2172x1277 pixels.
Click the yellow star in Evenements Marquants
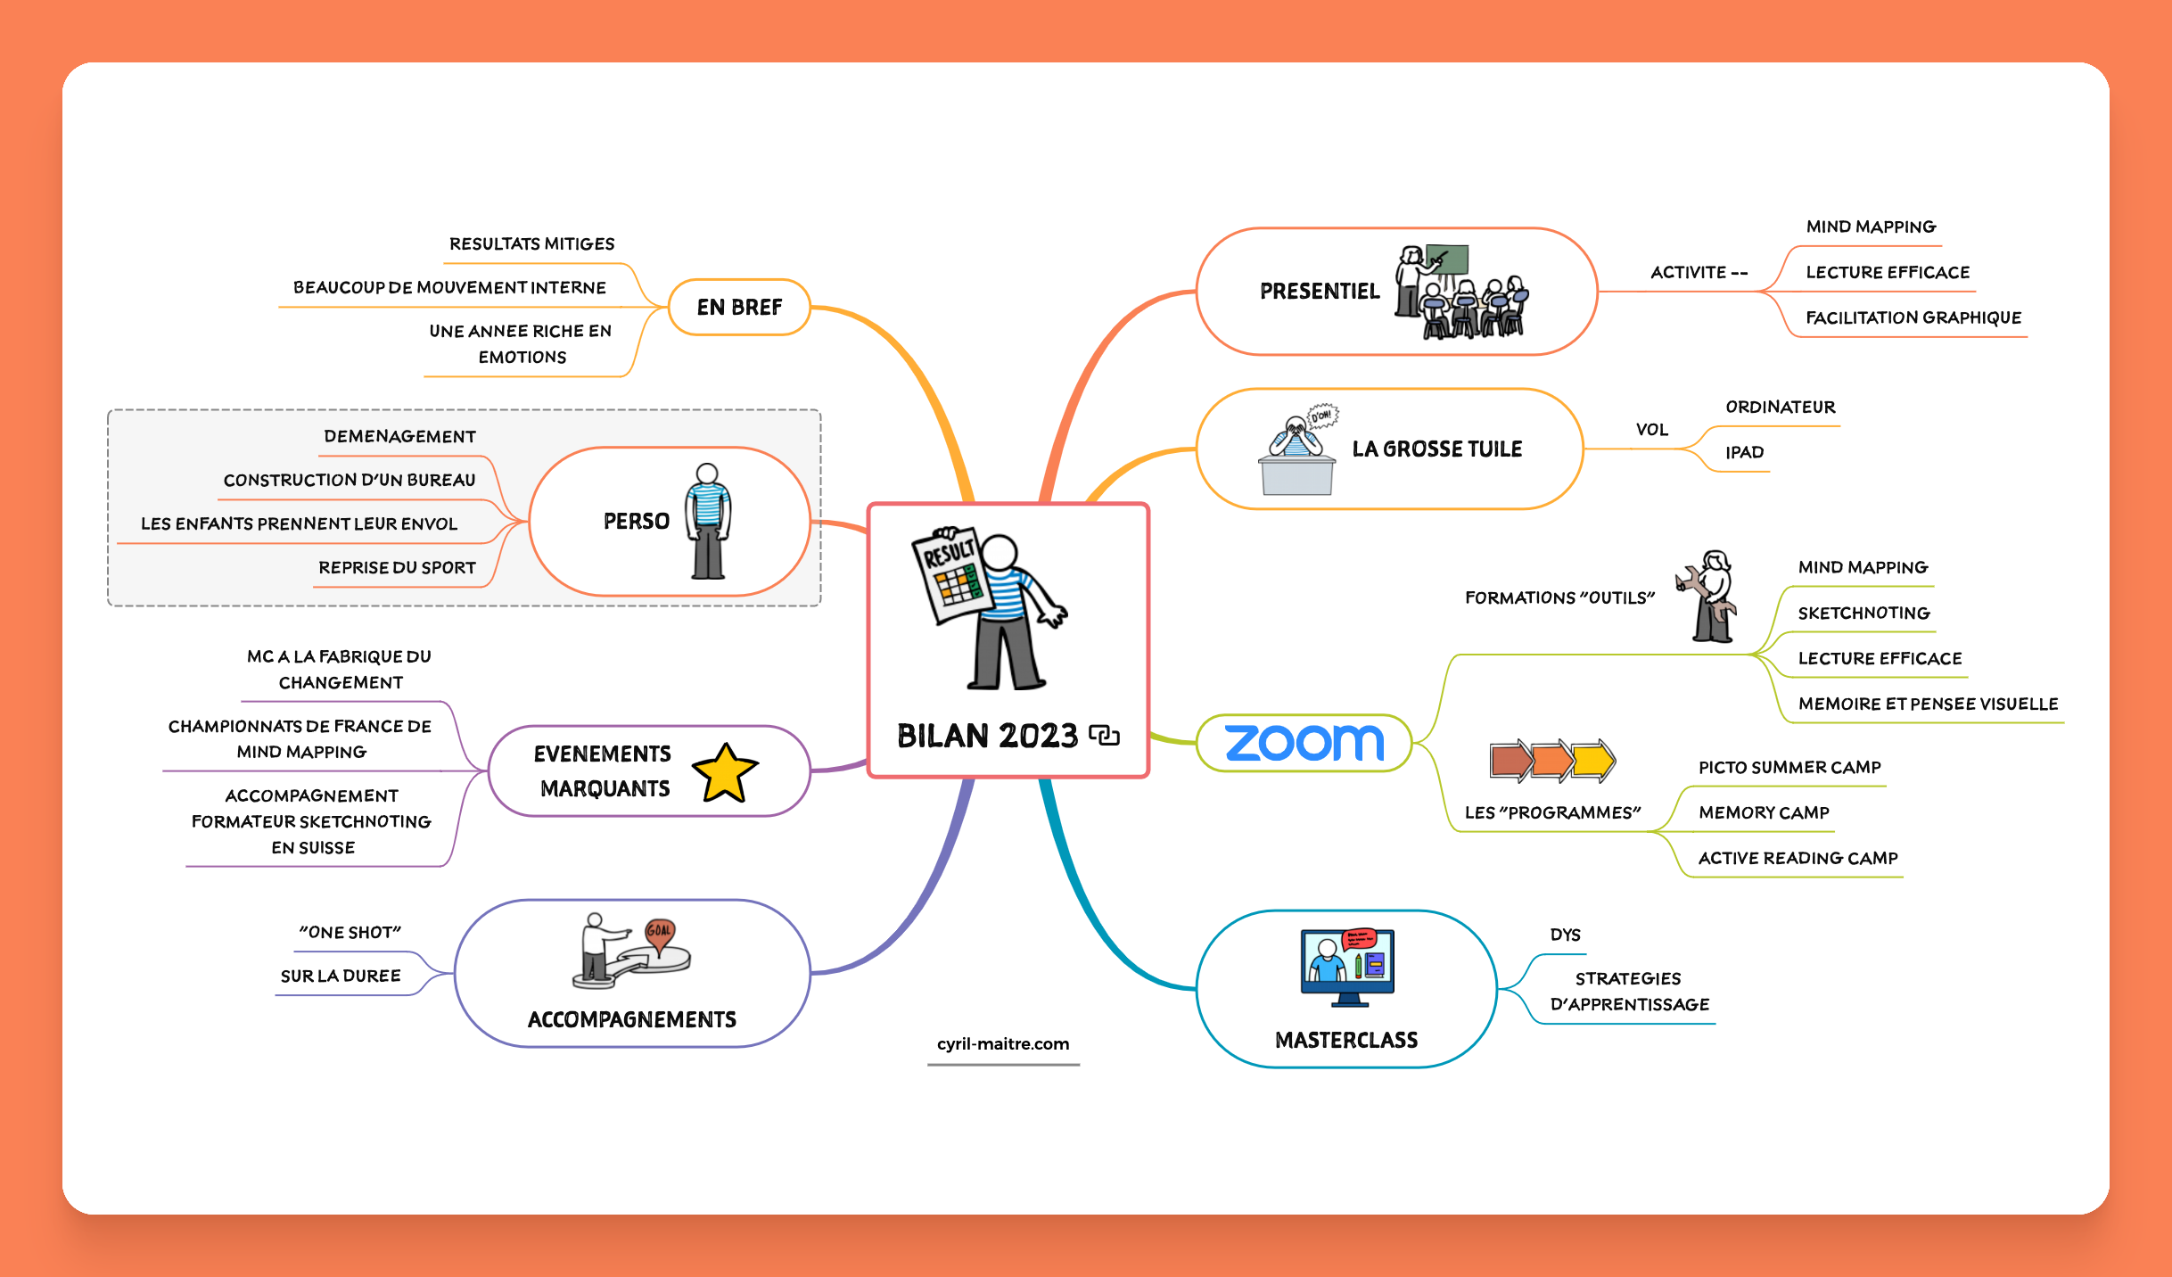(725, 773)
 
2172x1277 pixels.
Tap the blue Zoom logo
(1304, 743)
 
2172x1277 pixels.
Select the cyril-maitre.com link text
(1003, 1043)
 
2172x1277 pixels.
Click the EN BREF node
(739, 308)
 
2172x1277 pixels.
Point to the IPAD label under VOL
(1744, 452)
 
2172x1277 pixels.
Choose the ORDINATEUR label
(1780, 407)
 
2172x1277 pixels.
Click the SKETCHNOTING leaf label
(1863, 613)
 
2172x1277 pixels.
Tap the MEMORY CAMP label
(1764, 812)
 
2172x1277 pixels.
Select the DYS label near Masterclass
(1565, 935)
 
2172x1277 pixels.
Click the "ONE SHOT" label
(350, 932)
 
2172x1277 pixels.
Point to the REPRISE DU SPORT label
(397, 567)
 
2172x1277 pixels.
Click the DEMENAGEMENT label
(399, 436)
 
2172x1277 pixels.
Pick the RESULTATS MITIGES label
(531, 243)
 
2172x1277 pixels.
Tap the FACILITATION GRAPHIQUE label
(1913, 317)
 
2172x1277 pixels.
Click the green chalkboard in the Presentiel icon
(1447, 260)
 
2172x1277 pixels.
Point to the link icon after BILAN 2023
(1104, 736)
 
